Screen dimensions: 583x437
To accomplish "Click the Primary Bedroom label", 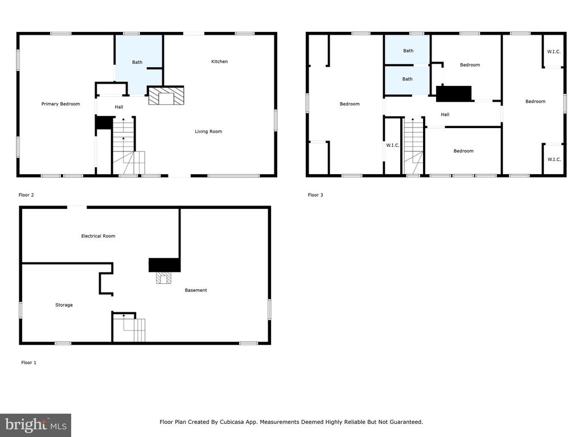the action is pos(60,104).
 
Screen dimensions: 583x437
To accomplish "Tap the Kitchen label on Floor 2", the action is pos(219,61).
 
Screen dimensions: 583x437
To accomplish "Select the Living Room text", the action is pos(208,131).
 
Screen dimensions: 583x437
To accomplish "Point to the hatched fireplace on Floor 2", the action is pos(166,96).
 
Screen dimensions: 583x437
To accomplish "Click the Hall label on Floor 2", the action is pos(119,107).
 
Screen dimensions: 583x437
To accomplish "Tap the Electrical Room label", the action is pos(98,236).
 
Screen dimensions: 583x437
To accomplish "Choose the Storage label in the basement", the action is pos(64,305).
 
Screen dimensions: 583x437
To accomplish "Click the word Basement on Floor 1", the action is pos(196,290).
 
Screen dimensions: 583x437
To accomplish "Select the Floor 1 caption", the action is pos(28,362).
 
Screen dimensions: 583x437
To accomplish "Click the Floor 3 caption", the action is pos(315,195).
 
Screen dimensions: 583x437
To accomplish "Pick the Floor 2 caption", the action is pos(26,195).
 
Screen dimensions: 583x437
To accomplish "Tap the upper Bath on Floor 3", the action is pos(408,50).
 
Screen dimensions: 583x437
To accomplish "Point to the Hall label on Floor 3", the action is pos(445,115).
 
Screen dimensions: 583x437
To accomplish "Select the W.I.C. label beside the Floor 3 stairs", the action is pos(393,145).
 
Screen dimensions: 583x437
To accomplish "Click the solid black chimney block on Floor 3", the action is pos(454,94).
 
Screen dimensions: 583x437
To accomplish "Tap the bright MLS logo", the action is pos(36,425).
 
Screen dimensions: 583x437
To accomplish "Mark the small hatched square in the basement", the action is pos(163,278).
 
